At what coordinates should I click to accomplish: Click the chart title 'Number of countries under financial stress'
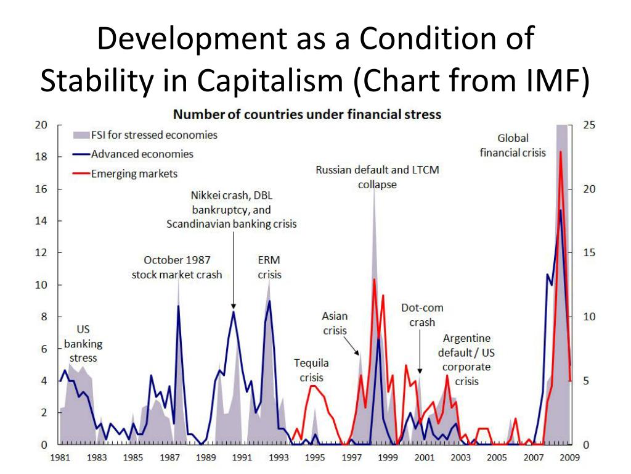tap(307, 114)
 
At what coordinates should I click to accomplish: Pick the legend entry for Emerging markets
tap(134, 174)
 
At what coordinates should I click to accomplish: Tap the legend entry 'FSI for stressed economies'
tap(153, 135)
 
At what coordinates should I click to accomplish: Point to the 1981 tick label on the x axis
tap(60, 457)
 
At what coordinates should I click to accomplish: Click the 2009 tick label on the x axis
tap(570, 457)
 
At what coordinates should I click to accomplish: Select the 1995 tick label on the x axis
tap(315, 457)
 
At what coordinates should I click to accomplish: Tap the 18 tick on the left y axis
tap(40, 157)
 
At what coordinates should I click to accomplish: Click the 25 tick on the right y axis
tap(588, 125)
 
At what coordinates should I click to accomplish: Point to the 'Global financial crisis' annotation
tap(513, 145)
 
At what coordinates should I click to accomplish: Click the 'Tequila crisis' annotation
tap(311, 370)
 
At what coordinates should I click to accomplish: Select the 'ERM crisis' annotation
tap(269, 267)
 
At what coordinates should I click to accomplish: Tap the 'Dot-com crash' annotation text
tap(422, 315)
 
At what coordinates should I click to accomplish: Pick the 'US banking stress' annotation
tap(83, 343)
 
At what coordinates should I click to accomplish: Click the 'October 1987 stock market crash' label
tap(177, 267)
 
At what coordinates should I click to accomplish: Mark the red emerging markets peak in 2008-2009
tap(560, 151)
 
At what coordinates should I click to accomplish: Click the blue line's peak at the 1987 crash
tap(179, 306)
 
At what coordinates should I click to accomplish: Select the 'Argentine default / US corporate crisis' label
tap(466, 359)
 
